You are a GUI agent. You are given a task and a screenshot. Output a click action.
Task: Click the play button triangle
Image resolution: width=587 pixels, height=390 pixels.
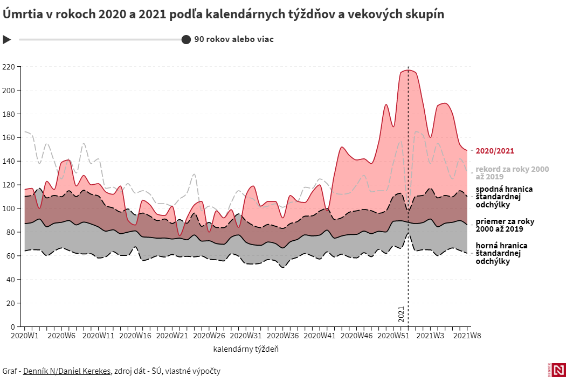click(x=7, y=39)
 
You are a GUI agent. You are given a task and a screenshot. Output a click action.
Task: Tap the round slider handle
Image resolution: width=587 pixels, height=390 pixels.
click(x=186, y=39)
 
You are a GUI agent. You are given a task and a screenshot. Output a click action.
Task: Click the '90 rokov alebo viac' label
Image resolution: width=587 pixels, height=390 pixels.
click(x=234, y=39)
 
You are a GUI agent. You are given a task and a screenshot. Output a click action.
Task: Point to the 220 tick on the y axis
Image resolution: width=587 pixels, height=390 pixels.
click(x=9, y=67)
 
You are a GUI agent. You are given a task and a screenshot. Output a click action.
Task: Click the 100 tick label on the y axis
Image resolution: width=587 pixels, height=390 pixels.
click(x=9, y=208)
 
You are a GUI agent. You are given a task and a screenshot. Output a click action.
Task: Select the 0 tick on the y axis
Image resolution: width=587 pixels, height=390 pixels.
click(x=12, y=326)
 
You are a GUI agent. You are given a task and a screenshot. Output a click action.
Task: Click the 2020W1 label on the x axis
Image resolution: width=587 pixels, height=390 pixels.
click(x=25, y=336)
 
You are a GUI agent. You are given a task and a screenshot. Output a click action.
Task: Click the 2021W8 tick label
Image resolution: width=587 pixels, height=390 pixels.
click(x=467, y=336)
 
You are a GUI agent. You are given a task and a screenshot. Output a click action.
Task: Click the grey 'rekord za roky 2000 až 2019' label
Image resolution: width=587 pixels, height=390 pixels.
click(x=512, y=173)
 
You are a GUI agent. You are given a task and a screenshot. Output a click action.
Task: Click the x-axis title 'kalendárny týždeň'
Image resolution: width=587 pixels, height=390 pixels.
click(x=246, y=349)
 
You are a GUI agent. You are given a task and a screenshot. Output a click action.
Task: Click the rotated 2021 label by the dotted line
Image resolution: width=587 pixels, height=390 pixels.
click(x=401, y=314)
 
